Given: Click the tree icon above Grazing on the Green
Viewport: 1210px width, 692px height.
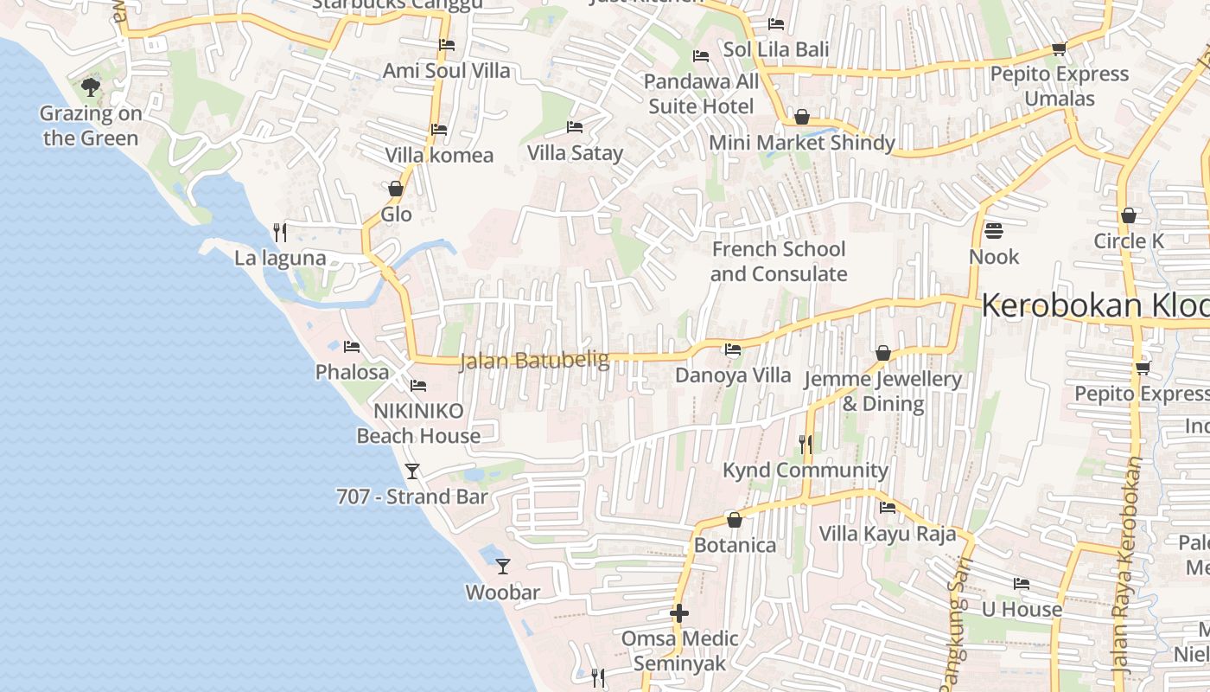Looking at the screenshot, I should pos(90,86).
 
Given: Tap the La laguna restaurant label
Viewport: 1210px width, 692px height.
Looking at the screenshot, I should pos(280,258).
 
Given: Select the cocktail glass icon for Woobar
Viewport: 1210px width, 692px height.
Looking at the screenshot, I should pos(503,567).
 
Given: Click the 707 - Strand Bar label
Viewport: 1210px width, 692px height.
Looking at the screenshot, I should pos(412,497).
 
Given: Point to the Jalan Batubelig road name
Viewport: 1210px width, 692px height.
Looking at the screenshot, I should pos(534,360).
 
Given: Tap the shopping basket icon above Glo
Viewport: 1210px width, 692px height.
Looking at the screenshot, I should pos(396,189).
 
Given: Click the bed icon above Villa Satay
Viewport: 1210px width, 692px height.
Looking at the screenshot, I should pos(575,127).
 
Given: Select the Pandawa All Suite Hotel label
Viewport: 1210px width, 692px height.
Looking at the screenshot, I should pos(701,94).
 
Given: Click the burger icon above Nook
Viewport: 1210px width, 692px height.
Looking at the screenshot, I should pos(994,231).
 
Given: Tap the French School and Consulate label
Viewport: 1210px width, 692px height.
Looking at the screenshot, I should pos(778,261).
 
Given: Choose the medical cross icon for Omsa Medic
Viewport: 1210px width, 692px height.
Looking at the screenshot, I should pos(679,613).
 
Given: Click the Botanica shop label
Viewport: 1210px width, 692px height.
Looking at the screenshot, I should pos(735,546).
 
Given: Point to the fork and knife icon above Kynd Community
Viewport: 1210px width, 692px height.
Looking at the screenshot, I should pos(806,445).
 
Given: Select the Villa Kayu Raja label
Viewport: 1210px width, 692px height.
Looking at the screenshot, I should pos(888,534).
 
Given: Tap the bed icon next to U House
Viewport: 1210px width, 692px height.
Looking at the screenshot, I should pos(1022,584).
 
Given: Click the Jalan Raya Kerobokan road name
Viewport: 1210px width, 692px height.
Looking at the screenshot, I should pos(1127,567).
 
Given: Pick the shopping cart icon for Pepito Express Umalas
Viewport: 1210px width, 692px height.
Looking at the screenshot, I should pos(1059,49).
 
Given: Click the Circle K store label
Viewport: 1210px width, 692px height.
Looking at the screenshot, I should pos(1129,241).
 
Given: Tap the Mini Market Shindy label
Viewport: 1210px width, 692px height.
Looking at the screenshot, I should pos(802,143).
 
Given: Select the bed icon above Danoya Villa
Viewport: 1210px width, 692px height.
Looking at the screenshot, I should pos(733,349).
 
